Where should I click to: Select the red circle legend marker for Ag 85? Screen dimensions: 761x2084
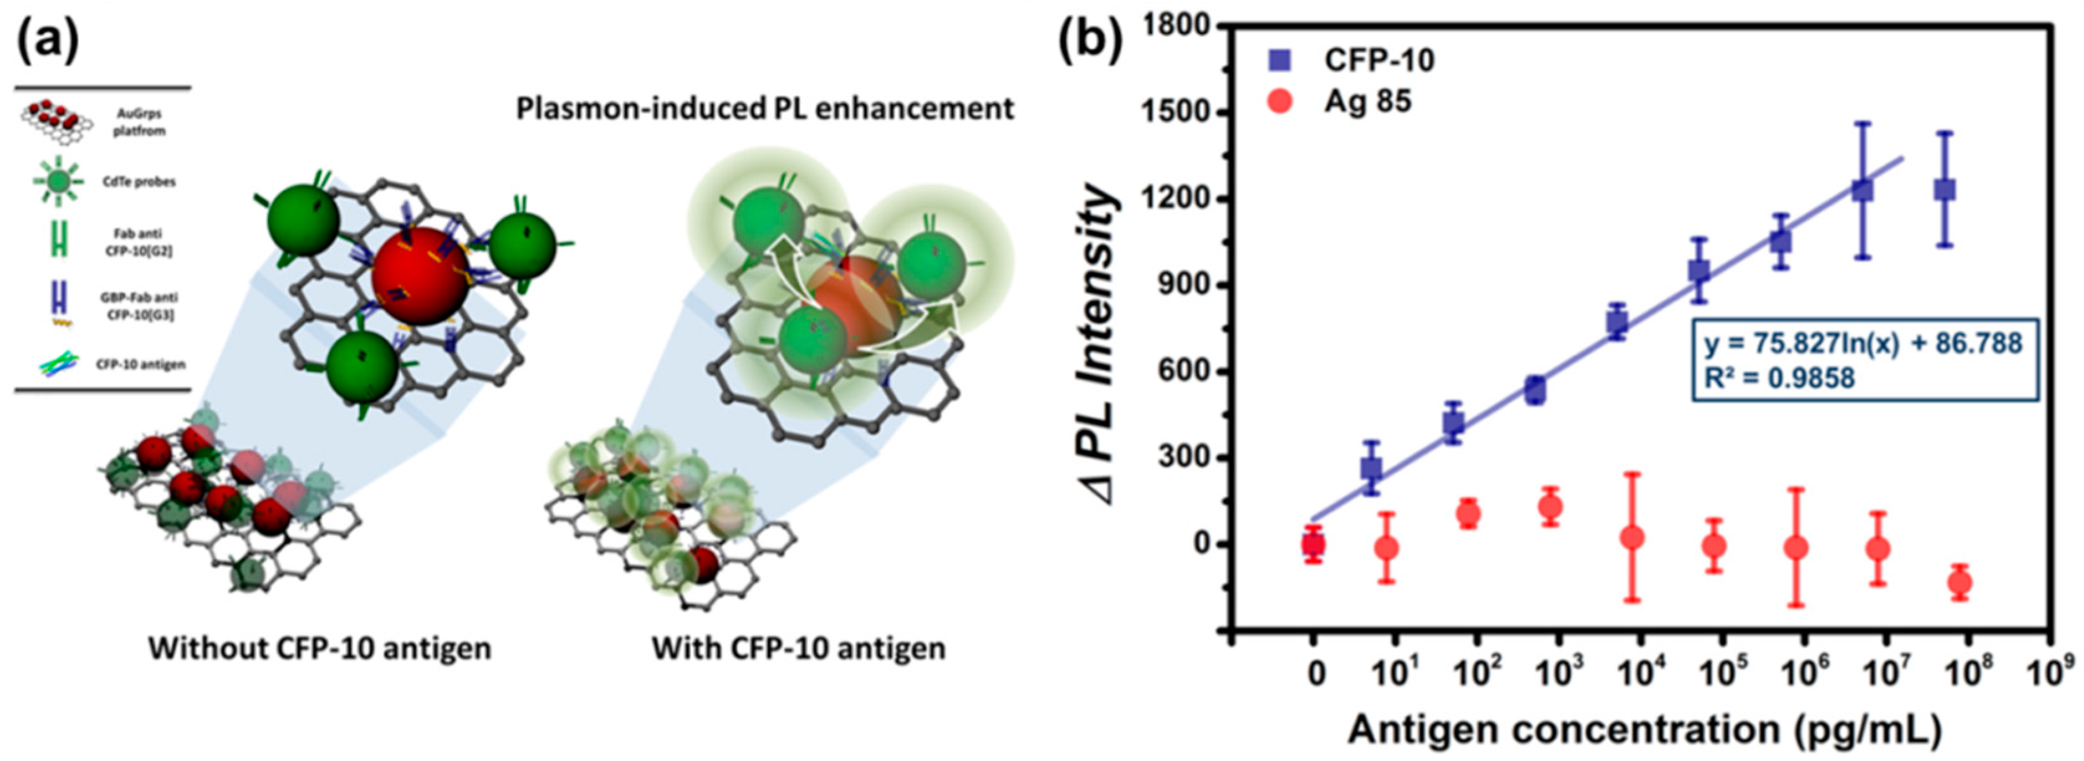pyautogui.click(x=1281, y=103)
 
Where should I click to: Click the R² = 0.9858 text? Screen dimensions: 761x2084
pyautogui.click(x=1778, y=377)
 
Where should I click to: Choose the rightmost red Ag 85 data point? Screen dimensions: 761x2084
pyautogui.click(x=1958, y=583)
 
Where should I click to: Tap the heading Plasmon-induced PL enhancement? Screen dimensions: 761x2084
pyautogui.click(x=765, y=108)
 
